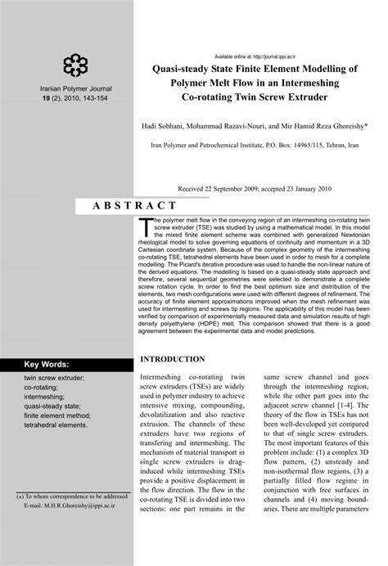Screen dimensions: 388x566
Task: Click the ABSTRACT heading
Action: click(x=138, y=205)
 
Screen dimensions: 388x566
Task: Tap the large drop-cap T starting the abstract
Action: click(x=147, y=225)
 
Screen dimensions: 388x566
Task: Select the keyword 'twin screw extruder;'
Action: click(x=54, y=379)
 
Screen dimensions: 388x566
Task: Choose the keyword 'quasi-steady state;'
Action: click(x=52, y=405)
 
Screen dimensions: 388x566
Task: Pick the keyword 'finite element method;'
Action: click(x=56, y=415)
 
